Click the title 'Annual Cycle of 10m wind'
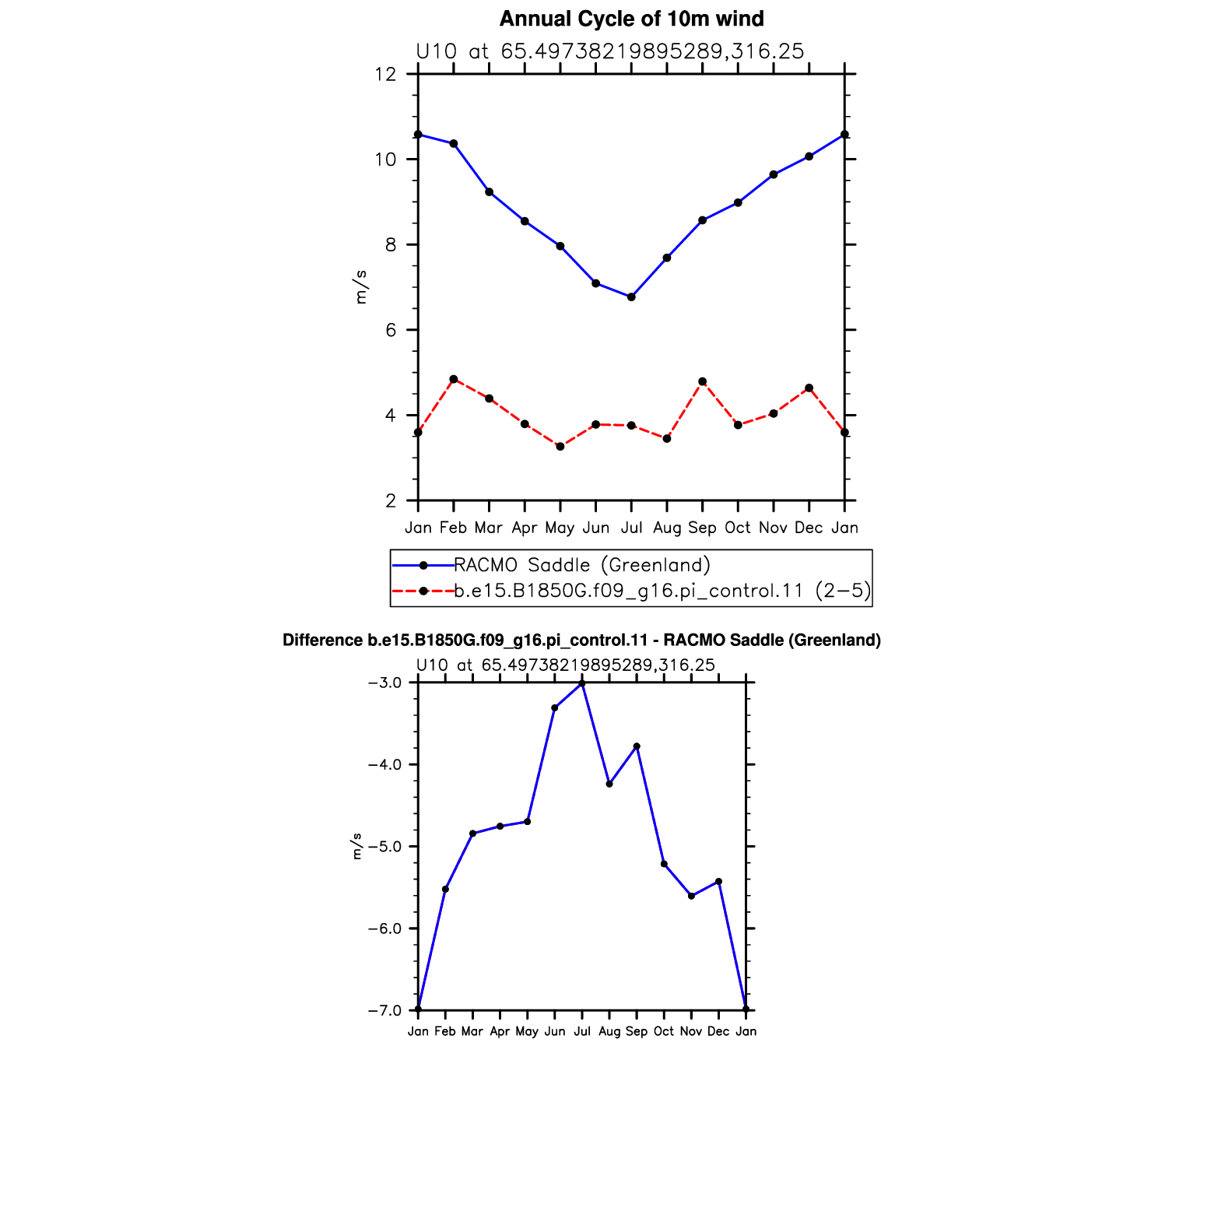tap(631, 19)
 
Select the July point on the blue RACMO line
tap(631, 297)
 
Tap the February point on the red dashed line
tap(454, 379)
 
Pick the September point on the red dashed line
tap(702, 381)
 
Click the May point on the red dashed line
tap(560, 447)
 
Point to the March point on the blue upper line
tap(489, 192)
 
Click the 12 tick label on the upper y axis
tap(385, 75)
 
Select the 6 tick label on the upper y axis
tap(391, 330)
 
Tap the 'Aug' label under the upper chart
tap(667, 528)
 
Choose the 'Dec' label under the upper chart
tap(809, 528)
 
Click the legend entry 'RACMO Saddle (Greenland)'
tap(582, 565)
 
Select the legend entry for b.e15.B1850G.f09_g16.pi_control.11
tap(662, 591)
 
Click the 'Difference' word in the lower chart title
tap(322, 641)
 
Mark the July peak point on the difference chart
tap(582, 683)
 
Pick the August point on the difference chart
tap(609, 784)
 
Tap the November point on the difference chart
tap(691, 896)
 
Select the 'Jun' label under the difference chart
tap(555, 1032)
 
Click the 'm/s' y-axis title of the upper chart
tap(360, 287)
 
